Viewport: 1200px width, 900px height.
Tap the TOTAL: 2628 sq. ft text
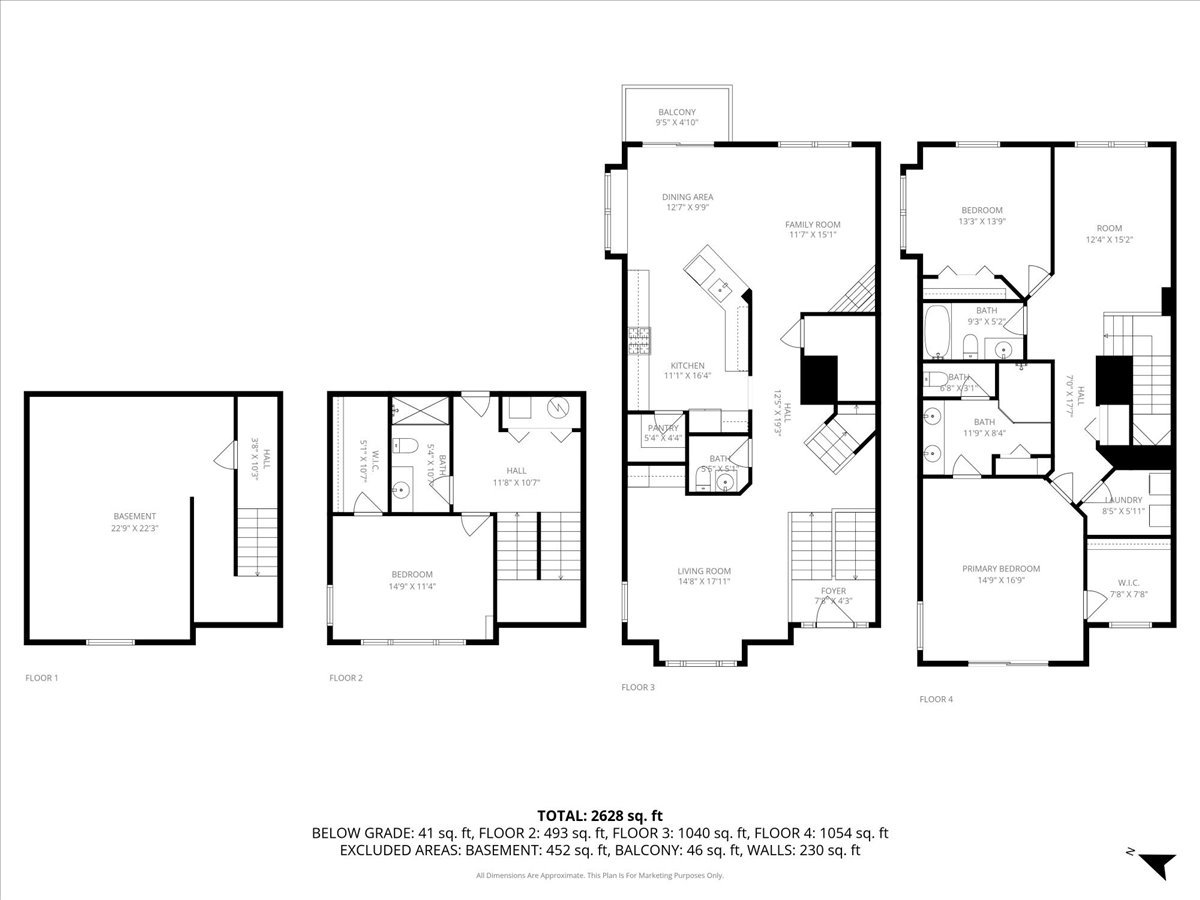point(600,814)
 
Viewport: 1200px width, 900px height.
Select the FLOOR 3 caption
point(638,687)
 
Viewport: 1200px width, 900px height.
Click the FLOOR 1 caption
point(42,678)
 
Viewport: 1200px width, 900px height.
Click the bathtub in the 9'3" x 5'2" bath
point(938,332)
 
